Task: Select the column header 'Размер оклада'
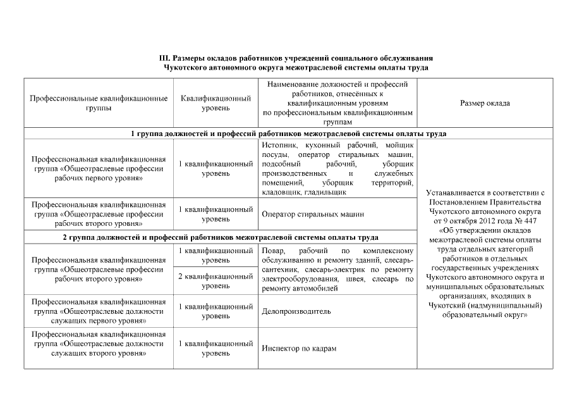coord(485,103)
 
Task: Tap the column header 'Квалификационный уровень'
coord(216,103)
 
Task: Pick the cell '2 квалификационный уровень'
coord(216,281)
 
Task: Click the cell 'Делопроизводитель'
coord(296,312)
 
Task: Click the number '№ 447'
coord(524,221)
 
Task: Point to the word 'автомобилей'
coord(319,289)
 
